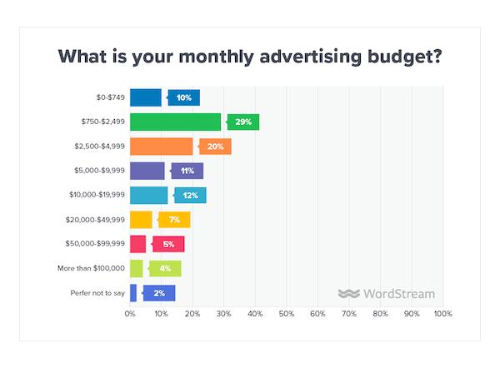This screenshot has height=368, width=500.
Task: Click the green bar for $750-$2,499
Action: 176,122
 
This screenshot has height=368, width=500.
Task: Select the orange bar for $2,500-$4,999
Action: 162,147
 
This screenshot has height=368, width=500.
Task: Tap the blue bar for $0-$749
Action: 146,97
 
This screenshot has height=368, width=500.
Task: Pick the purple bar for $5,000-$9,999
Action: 147,171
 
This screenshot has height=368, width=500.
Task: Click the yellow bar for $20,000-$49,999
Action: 141,220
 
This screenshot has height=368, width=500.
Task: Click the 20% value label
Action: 216,147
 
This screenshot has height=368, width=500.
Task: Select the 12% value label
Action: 192,196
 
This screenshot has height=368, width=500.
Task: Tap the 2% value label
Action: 160,292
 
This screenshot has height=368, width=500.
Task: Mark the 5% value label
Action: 169,244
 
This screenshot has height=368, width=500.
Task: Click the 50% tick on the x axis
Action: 287,315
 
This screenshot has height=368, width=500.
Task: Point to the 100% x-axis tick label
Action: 442,315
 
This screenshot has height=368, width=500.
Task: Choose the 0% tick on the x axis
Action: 130,315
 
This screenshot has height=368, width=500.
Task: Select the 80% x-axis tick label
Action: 380,315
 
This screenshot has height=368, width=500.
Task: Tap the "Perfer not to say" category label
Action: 97,292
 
